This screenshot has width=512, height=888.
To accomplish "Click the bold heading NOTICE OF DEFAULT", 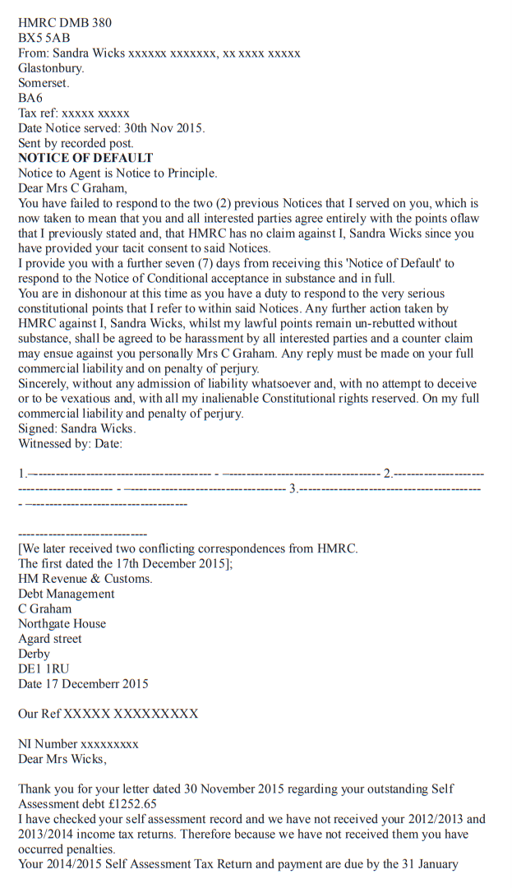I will pyautogui.click(x=85, y=158).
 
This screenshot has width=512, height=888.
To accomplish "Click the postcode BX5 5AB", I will pyautogui.click(x=44, y=38).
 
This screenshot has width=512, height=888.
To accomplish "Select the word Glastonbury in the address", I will pyautogui.click(x=51, y=68).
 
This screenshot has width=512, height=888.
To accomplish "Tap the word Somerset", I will pyautogui.click(x=44, y=83).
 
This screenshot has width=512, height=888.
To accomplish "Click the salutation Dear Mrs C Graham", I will pyautogui.click(x=72, y=188).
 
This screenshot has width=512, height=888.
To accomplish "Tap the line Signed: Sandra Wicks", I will pyautogui.click(x=77, y=429).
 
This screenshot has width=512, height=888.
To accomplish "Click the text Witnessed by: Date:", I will pyautogui.click(x=71, y=444).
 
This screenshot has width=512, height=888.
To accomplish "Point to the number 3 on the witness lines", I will pyautogui.click(x=293, y=488).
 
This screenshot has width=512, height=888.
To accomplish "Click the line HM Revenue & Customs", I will pyautogui.click(x=85, y=579).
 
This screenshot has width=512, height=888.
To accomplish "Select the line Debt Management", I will pyautogui.click(x=67, y=594).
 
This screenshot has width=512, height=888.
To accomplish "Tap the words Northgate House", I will pyautogui.click(x=62, y=624).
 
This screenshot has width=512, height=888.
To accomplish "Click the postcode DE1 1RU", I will pyautogui.click(x=44, y=668).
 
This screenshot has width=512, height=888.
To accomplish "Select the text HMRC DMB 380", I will pyautogui.click(x=65, y=23).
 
